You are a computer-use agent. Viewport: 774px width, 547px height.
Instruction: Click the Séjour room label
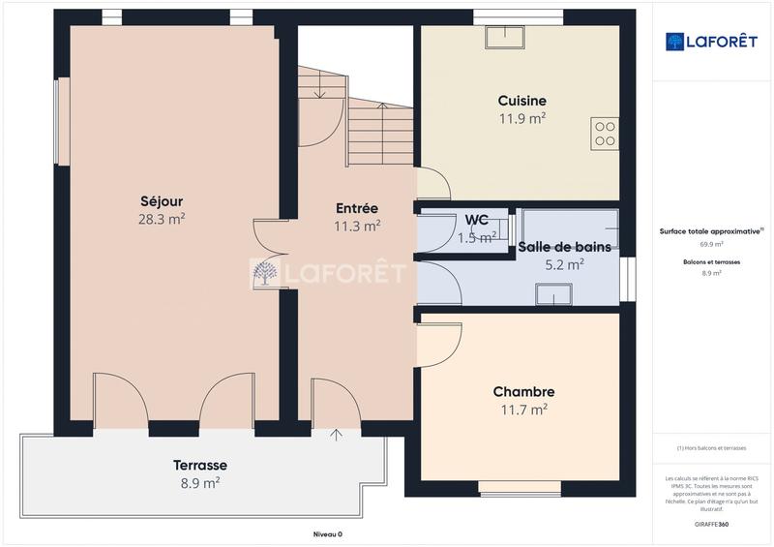click(x=162, y=201)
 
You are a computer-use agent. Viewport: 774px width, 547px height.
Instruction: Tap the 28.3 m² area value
click(x=162, y=219)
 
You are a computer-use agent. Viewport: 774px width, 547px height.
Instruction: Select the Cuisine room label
click(x=521, y=101)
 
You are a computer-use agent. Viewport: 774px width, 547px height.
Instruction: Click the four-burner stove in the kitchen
click(x=605, y=133)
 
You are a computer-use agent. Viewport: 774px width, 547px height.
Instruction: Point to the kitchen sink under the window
click(x=505, y=36)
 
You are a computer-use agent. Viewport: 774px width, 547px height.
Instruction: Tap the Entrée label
click(x=356, y=208)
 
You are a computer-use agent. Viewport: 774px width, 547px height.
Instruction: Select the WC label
click(x=476, y=220)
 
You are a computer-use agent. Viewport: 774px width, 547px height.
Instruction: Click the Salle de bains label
click(x=564, y=247)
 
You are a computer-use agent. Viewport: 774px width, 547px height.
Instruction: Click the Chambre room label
click(x=523, y=392)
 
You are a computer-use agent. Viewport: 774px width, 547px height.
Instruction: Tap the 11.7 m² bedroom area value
click(x=523, y=410)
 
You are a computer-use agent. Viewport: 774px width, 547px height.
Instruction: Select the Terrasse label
click(x=200, y=465)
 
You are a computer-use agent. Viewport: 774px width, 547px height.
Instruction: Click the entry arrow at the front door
click(x=336, y=434)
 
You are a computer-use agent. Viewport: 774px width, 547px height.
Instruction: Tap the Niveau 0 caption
click(x=327, y=533)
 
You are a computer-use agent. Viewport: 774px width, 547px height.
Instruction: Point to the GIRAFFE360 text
click(x=713, y=523)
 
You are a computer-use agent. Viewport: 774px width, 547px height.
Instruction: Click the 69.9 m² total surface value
click(x=712, y=244)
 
